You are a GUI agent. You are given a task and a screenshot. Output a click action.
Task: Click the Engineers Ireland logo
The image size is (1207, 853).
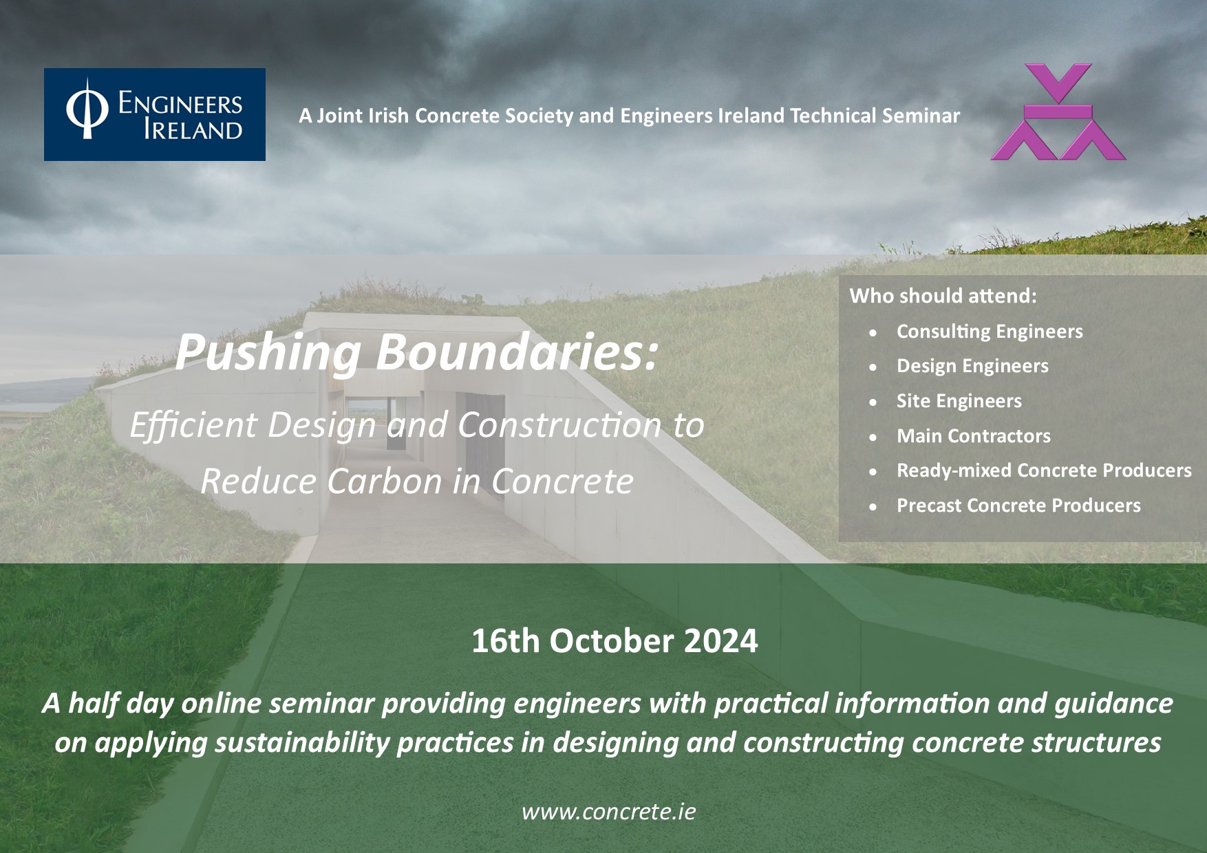(155, 114)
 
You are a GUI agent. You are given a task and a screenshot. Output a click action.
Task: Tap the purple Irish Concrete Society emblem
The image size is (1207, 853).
(1058, 112)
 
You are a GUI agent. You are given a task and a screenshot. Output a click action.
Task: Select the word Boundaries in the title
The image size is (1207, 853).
(516, 352)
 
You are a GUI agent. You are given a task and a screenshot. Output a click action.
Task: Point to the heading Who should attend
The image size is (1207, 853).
(943, 296)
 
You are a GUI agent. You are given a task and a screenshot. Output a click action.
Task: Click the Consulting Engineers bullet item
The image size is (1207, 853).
(990, 332)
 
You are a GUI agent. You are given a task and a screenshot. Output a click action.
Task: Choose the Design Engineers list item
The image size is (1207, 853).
(972, 366)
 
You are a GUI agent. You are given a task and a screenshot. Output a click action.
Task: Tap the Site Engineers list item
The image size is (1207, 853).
(959, 401)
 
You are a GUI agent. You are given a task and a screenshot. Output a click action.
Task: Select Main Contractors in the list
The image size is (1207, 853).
(973, 435)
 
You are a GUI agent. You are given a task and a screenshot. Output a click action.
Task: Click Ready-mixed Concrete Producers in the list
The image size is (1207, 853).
(1044, 471)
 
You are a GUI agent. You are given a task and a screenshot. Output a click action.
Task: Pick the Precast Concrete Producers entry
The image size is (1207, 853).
(1018, 506)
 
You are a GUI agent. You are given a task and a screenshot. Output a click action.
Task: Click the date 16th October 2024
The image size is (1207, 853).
(615, 641)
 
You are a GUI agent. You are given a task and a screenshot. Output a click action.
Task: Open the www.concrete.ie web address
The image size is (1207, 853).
(608, 812)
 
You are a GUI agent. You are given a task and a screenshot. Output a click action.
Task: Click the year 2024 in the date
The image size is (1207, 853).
(721, 641)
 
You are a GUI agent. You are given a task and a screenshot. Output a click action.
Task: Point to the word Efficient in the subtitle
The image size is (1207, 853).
(193, 425)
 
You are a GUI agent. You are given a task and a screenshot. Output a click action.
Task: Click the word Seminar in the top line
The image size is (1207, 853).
(921, 116)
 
